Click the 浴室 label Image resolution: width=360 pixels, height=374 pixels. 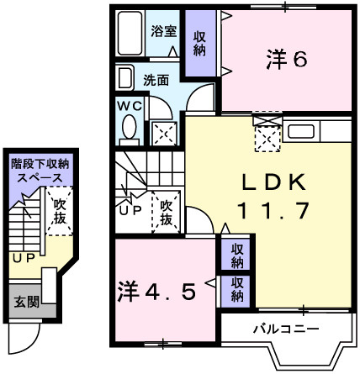pyautogui.click(x=163, y=31)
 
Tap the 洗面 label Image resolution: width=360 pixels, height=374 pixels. pyautogui.click(x=156, y=82)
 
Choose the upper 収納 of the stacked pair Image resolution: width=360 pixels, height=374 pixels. pyautogui.click(x=238, y=255)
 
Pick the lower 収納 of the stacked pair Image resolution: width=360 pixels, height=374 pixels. pyautogui.click(x=238, y=289)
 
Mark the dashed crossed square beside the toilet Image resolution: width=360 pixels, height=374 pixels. pyautogui.click(x=165, y=132)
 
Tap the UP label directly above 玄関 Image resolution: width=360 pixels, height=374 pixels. pyautogui.click(x=22, y=258)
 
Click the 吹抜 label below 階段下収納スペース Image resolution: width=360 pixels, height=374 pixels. pyautogui.click(x=59, y=211)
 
